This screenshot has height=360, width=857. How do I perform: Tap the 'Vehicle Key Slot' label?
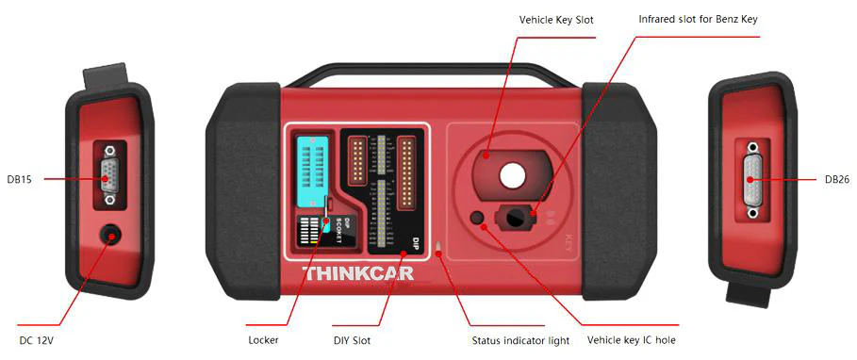pyautogui.click(x=556, y=19)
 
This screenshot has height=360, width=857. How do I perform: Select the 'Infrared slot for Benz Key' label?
pyautogui.click(x=698, y=19)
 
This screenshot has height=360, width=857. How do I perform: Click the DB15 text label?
pyautogui.click(x=20, y=179)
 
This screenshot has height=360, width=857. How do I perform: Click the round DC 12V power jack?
pyautogui.click(x=113, y=235)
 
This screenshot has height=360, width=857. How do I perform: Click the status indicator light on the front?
pyautogui.click(x=437, y=249)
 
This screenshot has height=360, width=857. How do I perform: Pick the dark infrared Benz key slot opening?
pyautogui.click(x=516, y=217)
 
